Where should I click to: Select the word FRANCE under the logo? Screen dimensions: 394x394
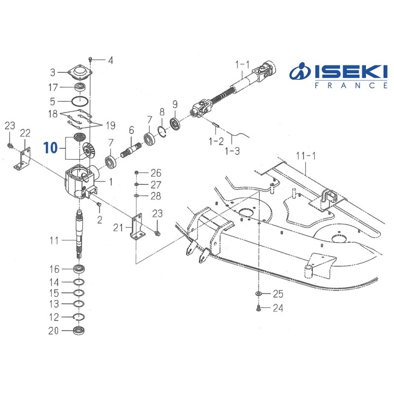[351, 85]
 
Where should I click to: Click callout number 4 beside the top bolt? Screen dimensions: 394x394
[110, 61]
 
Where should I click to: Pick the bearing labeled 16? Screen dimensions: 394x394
[80, 269]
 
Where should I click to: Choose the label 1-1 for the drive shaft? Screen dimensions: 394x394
[242, 64]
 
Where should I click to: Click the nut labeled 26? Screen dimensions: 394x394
[137, 173]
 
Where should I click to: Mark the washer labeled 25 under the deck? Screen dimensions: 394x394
[258, 294]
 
